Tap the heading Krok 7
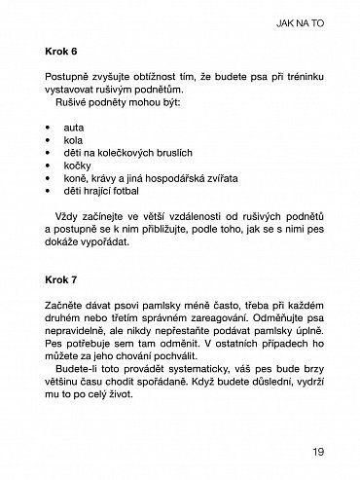coord(63,282)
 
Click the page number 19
coord(318,451)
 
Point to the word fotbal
coord(134,193)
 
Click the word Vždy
coord(71,216)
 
